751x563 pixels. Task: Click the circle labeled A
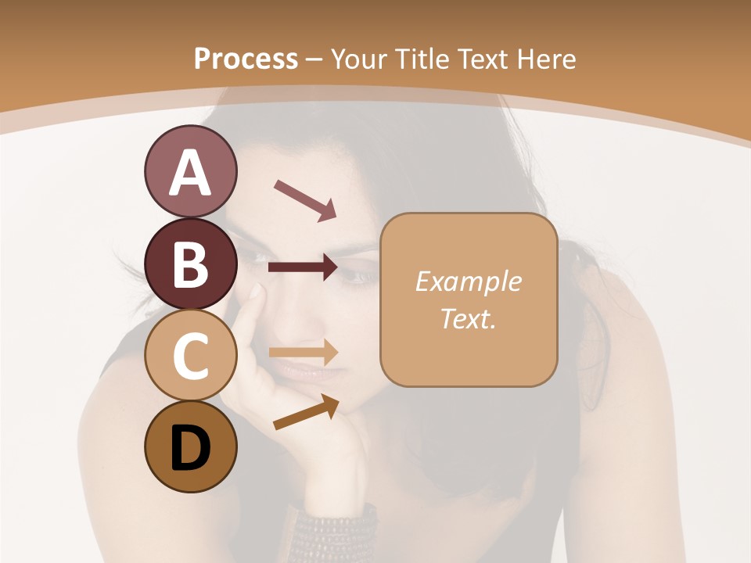(190, 172)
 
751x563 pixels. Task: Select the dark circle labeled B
(190, 264)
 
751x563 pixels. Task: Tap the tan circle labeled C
(190, 355)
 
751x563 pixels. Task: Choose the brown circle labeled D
(190, 446)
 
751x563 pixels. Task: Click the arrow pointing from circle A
(304, 199)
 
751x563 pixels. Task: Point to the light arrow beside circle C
(303, 352)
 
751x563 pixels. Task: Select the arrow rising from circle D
(306, 412)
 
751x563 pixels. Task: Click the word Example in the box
(468, 281)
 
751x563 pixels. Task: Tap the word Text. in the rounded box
(468, 319)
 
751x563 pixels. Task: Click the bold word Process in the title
(246, 59)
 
